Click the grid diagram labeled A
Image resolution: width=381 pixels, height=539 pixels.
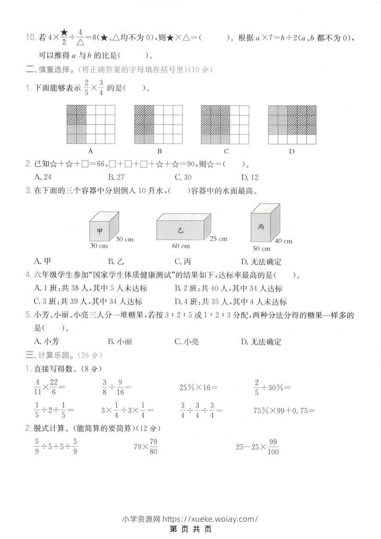coord(91,124)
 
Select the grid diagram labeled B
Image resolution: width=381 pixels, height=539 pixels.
coord(159,124)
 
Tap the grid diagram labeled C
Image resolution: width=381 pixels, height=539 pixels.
coord(225,124)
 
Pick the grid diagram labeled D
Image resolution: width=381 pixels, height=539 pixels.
coord(292,124)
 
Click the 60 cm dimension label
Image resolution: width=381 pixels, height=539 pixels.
coord(181,246)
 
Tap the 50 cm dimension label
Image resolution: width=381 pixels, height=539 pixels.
coord(261,248)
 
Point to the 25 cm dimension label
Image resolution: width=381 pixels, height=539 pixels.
coord(219,239)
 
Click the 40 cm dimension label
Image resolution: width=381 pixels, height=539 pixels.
coord(284,241)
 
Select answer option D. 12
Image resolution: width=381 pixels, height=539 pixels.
coord(250,177)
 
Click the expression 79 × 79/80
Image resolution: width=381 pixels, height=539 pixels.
coord(146,447)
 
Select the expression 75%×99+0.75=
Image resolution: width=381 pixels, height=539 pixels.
coord(284,410)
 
